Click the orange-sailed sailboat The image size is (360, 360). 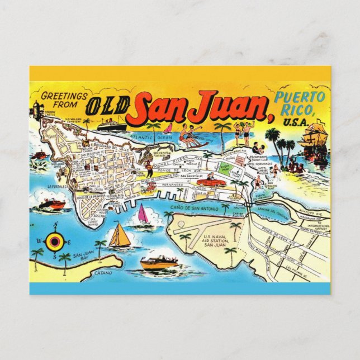click(119, 236)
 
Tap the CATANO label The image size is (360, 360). click(102, 273)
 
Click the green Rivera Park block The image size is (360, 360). click(227, 168)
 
